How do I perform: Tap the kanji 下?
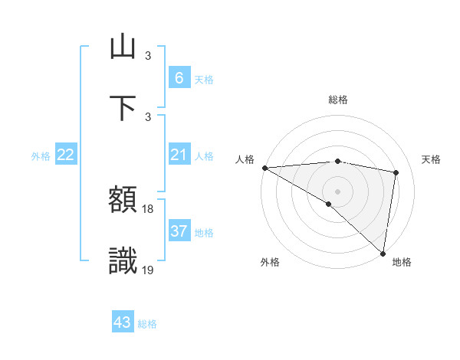tap(123, 107)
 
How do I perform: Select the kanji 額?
tap(123, 201)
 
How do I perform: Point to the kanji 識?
tap(123, 260)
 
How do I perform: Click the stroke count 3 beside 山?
tap(148, 56)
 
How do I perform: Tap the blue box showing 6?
tap(179, 78)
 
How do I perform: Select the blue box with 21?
tap(179, 155)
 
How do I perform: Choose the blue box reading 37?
tap(179, 231)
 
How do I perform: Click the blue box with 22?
tap(66, 155)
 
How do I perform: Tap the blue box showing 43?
tap(123, 322)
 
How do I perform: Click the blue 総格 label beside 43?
tap(147, 324)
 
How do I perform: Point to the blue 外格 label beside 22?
tap(41, 156)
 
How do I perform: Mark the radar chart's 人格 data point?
tap(264, 168)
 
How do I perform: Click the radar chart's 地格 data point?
tap(383, 253)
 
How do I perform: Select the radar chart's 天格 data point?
tap(396, 172)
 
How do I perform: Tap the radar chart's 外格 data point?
tap(328, 204)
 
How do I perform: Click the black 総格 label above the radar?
tap(337, 100)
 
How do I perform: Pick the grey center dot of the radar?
tap(337, 191)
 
